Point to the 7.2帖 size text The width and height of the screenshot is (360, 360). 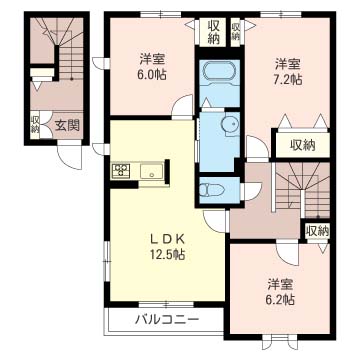289,79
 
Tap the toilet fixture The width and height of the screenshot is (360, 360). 213,189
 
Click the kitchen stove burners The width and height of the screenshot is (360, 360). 121,171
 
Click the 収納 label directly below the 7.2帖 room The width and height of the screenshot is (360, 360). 303,144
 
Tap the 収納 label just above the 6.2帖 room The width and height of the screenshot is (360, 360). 316,231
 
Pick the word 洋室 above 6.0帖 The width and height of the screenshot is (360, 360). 153,57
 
